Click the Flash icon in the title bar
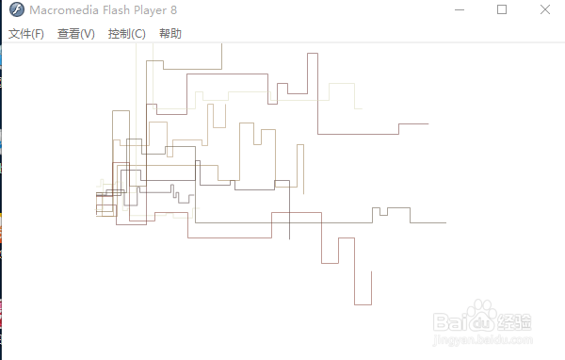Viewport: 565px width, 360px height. pos(14,10)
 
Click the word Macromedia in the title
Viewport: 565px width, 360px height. pos(64,10)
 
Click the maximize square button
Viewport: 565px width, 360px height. pos(502,9)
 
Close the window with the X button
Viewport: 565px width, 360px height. pos(546,9)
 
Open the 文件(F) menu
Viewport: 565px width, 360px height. pos(26,34)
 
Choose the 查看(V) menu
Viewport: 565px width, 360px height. pos(76,34)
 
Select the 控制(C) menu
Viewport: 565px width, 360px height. pos(127,34)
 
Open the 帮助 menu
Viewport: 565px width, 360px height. pos(170,34)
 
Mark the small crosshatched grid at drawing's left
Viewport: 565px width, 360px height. pos(105,204)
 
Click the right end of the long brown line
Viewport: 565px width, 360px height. pos(444,223)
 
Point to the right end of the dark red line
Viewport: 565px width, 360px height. pos(428,123)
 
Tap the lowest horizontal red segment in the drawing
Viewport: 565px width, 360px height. pos(363,304)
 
